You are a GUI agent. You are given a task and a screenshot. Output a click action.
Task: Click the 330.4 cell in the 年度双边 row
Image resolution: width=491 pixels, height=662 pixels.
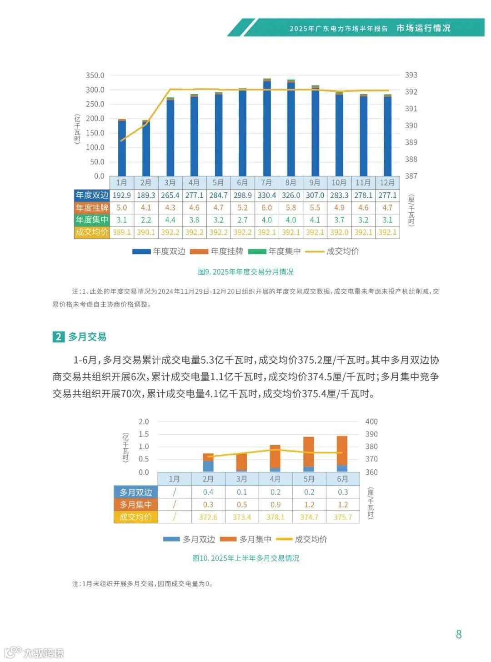coord(266,196)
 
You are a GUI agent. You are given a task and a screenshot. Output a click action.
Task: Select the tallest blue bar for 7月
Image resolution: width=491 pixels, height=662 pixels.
coord(267,127)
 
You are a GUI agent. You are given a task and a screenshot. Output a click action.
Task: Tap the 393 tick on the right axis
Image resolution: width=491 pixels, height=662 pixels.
coord(411,75)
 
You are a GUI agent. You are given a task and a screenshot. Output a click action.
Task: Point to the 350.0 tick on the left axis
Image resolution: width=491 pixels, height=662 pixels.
coord(95,75)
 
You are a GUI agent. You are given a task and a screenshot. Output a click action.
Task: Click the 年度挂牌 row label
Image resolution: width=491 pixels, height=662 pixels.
coord(92,208)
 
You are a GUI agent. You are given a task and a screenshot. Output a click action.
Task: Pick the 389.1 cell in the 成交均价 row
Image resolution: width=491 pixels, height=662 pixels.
coord(121,232)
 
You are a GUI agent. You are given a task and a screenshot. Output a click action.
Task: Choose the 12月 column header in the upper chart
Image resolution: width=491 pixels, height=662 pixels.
coord(387,183)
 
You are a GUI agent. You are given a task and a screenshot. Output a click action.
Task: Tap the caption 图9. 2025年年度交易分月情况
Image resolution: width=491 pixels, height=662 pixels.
coord(245,272)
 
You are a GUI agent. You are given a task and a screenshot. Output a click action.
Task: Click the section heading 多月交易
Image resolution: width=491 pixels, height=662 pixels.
coord(87,337)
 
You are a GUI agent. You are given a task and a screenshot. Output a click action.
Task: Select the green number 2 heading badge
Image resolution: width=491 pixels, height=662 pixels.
coord(58,337)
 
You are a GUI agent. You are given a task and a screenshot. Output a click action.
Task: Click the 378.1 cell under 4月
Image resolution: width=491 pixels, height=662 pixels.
coord(276,517)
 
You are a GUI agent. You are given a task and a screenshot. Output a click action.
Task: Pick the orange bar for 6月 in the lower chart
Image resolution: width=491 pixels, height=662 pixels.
coord(342,450)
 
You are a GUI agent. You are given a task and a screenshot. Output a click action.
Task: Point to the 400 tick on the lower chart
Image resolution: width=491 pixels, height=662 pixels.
coord(371,422)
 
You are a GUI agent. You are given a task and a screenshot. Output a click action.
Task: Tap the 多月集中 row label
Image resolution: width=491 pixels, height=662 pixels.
coord(135,505)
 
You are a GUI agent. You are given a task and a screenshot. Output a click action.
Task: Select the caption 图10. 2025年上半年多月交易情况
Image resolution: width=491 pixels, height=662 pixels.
coord(245,558)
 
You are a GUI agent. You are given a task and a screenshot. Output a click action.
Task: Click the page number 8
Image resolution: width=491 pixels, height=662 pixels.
coord(459,634)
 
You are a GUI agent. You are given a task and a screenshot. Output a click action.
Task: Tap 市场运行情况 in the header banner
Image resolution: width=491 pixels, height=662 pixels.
coord(423,28)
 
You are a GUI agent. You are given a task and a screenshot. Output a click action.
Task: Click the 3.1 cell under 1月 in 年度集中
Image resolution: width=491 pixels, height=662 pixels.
coord(121,220)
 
